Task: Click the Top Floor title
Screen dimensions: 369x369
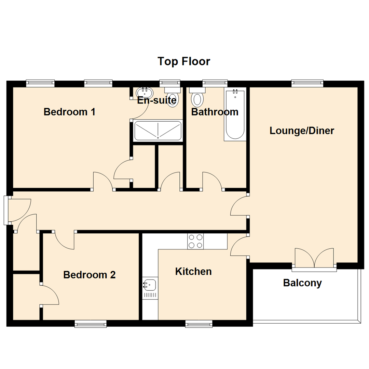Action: tap(184, 61)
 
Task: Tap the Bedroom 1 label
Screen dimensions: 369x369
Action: tap(70, 112)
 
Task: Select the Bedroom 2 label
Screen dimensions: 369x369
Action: tap(90, 275)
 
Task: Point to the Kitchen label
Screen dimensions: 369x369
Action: tap(193, 272)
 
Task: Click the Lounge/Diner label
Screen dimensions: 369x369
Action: tap(302, 131)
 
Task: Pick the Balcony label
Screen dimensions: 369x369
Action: tap(302, 283)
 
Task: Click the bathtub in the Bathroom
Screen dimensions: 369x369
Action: tap(235, 114)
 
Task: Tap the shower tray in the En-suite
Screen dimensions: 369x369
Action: tap(158, 131)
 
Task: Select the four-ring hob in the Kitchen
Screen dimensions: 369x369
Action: tap(195, 242)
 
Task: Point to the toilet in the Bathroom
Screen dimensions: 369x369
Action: tap(197, 97)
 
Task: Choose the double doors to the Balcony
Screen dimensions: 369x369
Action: tap(314, 258)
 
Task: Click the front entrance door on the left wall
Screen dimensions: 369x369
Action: tap(18, 210)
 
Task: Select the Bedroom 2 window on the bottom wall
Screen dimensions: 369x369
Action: tap(91, 324)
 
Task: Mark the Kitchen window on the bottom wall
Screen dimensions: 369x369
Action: tap(199, 324)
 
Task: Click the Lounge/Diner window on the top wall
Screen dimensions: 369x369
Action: tap(307, 83)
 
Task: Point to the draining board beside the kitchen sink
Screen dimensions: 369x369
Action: tap(150, 295)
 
